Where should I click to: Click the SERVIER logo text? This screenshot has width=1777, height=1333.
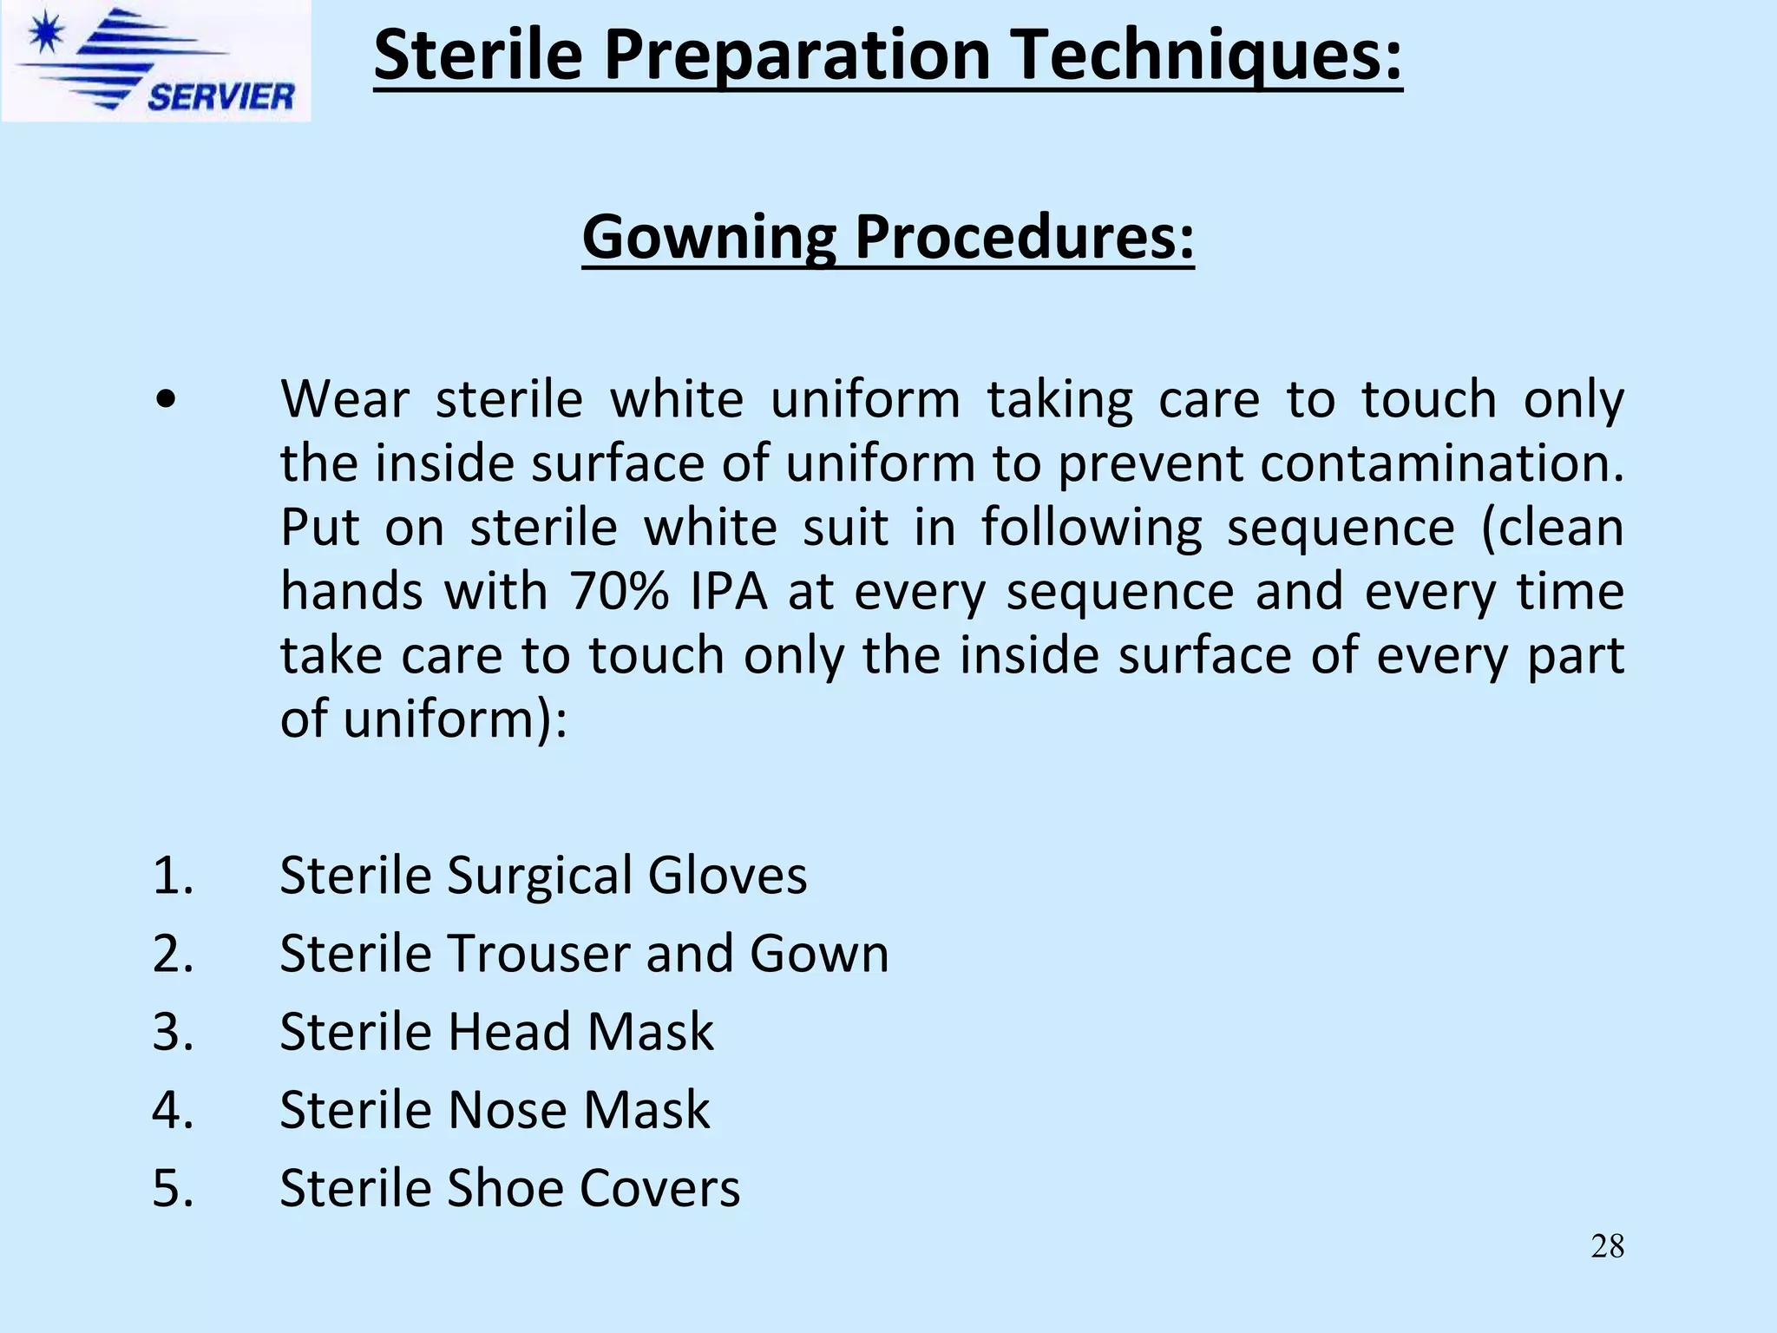pyautogui.click(x=220, y=95)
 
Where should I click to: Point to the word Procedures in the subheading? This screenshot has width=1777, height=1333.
pyautogui.click(x=1024, y=236)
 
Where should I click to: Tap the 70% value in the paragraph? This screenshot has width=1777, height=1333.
pyautogui.click(x=619, y=592)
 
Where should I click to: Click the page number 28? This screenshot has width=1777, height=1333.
pyautogui.click(x=1607, y=1246)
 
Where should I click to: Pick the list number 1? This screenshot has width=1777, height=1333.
pyautogui.click(x=172, y=875)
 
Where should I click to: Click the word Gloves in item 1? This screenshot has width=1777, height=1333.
pyautogui.click(x=727, y=875)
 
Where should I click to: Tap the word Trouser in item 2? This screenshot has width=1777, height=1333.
pyautogui.click(x=538, y=954)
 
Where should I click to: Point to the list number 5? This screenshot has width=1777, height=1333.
pyautogui.click(x=172, y=1188)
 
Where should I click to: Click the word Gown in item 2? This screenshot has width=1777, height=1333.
pyautogui.click(x=819, y=954)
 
